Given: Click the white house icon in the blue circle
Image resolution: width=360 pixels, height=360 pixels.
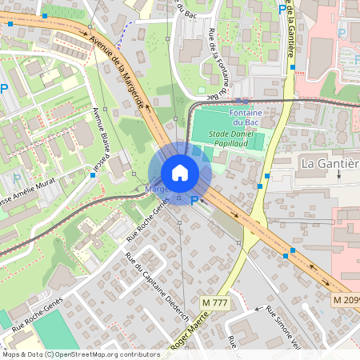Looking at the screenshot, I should pyautogui.click(x=180, y=173).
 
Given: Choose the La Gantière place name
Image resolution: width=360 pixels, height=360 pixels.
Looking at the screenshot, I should pyautogui.click(x=329, y=163).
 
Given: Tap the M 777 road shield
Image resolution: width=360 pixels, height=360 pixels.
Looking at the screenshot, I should pyautogui.click(x=216, y=302).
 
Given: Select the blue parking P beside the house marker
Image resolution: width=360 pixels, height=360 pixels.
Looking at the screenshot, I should pyautogui.click(x=194, y=201).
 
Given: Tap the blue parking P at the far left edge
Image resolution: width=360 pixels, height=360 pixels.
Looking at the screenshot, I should pyautogui.click(x=4, y=90).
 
